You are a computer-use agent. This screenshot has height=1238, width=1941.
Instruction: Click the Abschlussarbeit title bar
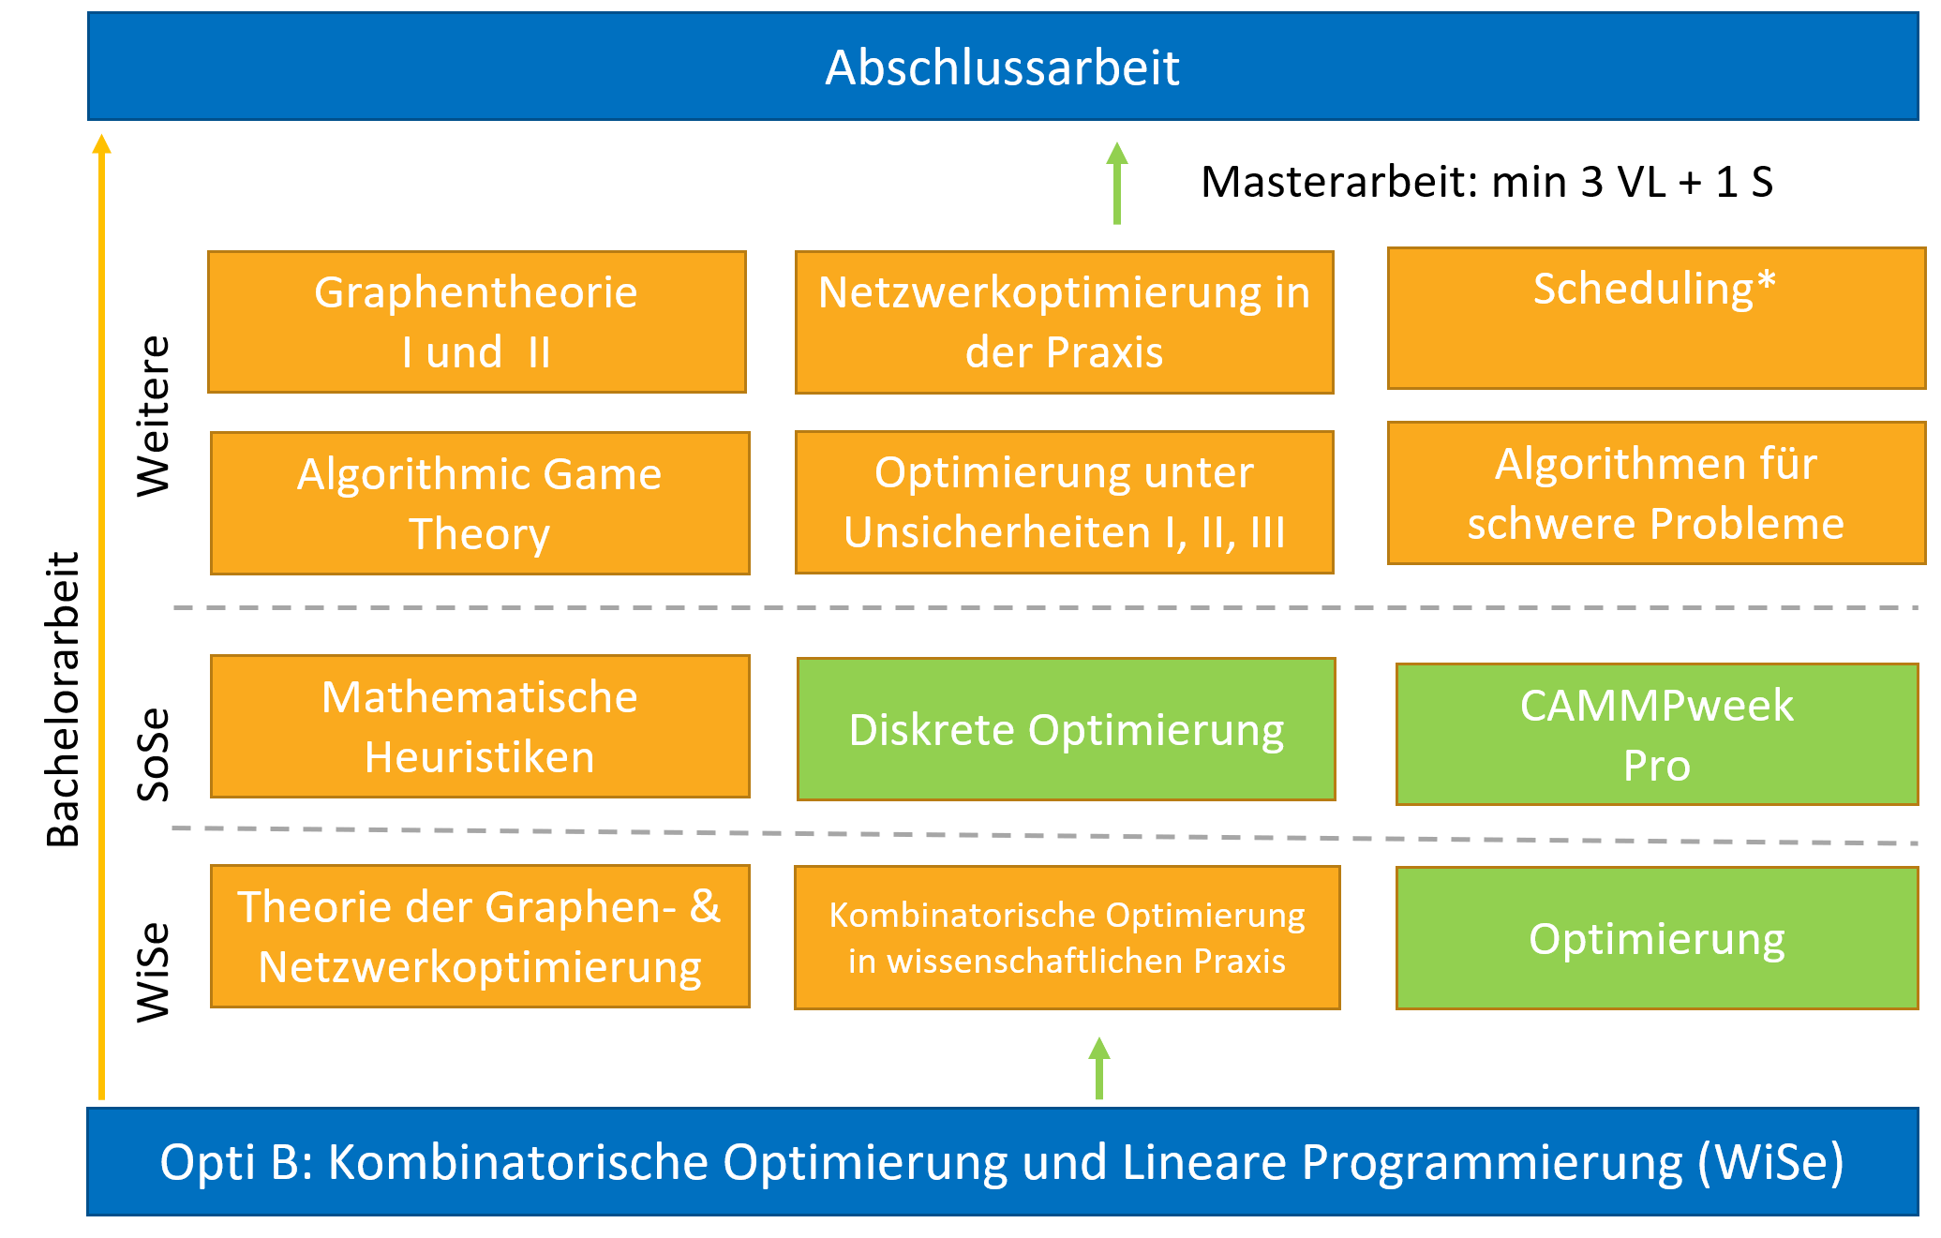click(x=1003, y=67)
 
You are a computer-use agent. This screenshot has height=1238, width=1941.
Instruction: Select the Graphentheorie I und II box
click(x=477, y=321)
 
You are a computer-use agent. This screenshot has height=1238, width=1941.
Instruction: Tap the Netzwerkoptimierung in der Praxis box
click(x=1065, y=322)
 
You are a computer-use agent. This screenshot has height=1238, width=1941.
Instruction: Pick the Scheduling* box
click(x=1656, y=318)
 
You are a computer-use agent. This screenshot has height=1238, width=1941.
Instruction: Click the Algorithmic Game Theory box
click(x=480, y=503)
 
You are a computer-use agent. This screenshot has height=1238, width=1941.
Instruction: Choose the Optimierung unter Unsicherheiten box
click(x=1065, y=502)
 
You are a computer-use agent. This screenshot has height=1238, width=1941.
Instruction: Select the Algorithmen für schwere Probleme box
click(x=1656, y=493)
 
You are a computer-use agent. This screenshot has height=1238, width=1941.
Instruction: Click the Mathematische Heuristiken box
click(x=480, y=726)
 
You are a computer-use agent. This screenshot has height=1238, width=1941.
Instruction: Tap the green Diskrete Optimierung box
click(x=1067, y=729)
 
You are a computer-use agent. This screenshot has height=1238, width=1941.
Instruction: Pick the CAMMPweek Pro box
click(x=1657, y=735)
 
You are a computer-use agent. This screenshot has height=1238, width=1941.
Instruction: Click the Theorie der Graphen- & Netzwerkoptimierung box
click(x=480, y=936)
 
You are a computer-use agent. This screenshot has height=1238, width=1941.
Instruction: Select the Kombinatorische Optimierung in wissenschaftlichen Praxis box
click(x=1068, y=937)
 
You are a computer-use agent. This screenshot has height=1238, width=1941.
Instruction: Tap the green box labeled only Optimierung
click(x=1657, y=938)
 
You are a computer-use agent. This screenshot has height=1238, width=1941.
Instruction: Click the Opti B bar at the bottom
click(x=1003, y=1162)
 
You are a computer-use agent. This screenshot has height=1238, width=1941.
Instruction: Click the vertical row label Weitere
click(x=154, y=415)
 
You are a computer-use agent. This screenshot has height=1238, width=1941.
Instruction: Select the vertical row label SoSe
click(x=154, y=754)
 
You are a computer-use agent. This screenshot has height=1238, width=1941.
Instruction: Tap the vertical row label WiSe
click(x=154, y=972)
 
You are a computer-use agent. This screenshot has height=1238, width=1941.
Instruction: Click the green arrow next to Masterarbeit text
click(x=1116, y=184)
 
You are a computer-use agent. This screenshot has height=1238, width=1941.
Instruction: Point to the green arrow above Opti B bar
click(x=1099, y=1068)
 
